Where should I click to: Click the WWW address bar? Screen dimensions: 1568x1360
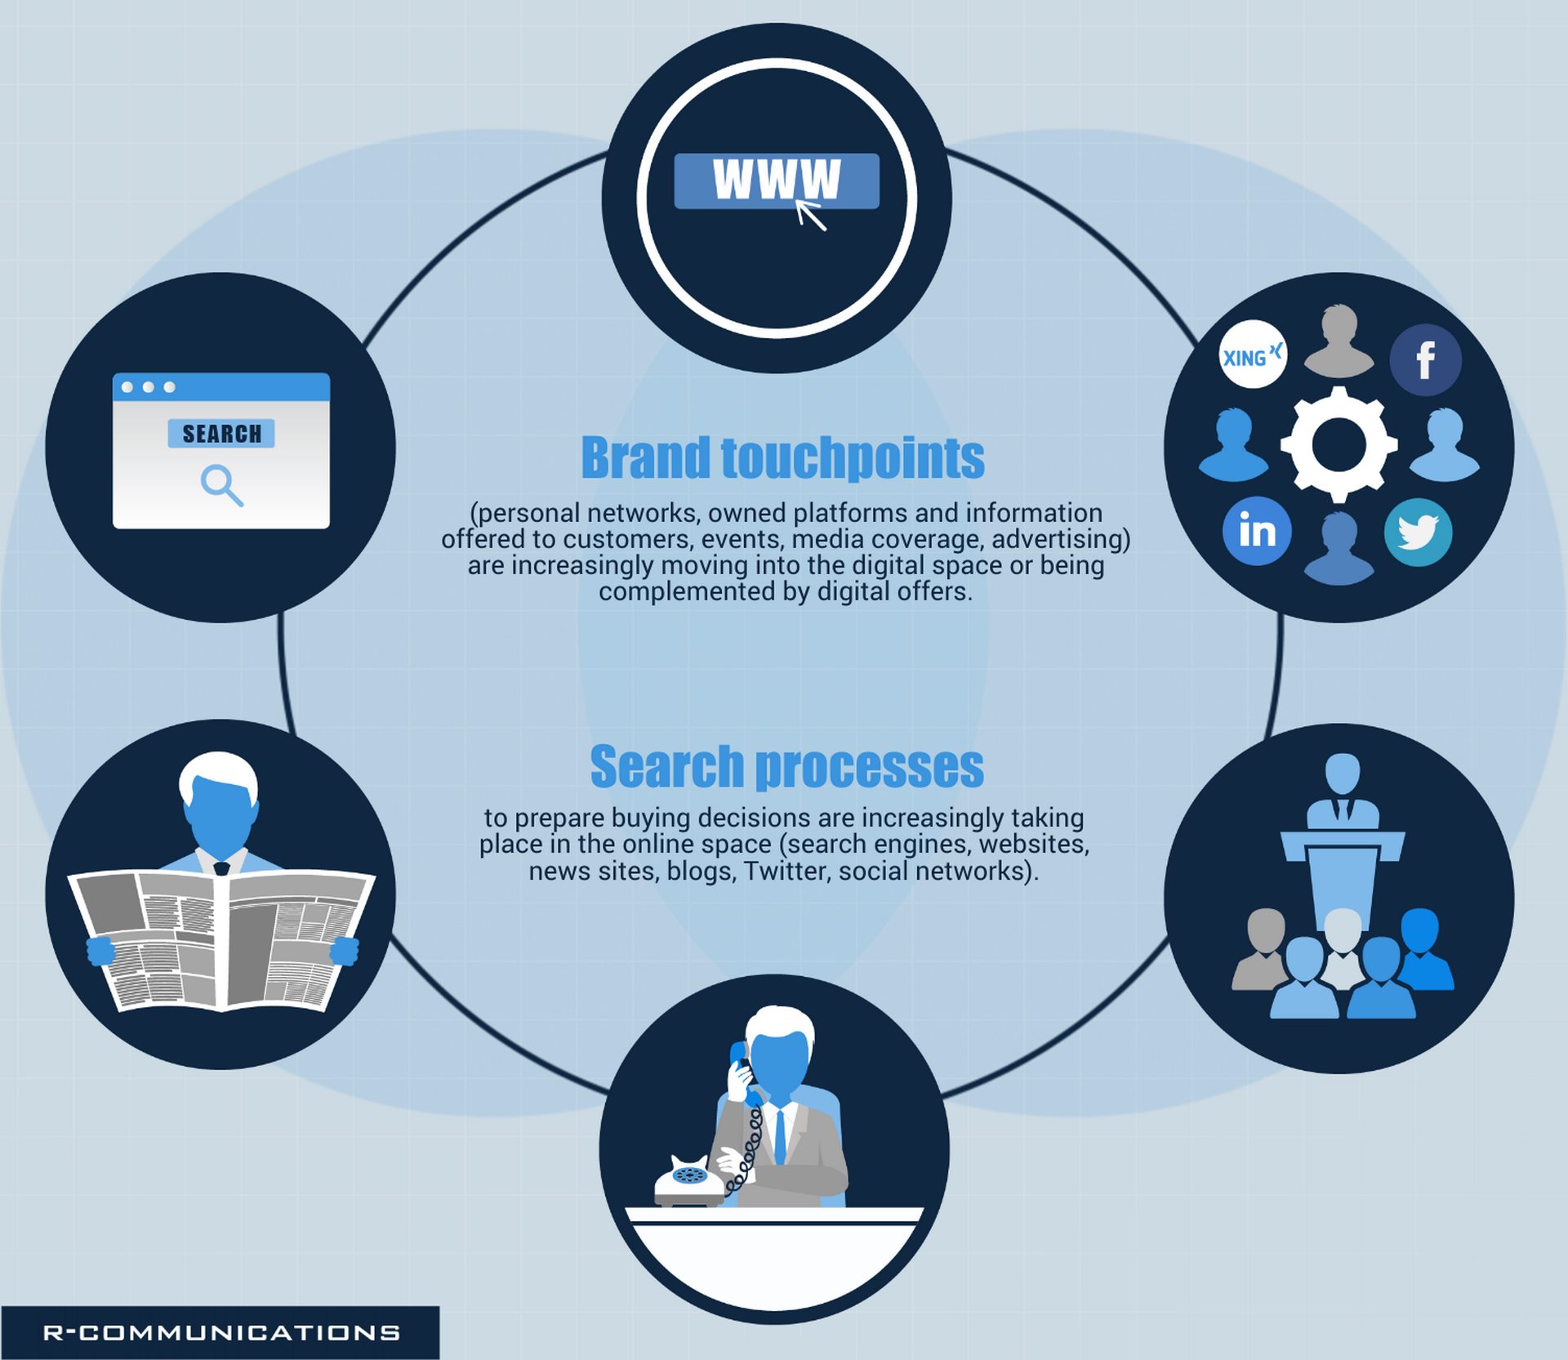pyautogui.click(x=777, y=181)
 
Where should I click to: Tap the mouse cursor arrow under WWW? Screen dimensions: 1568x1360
pyautogui.click(x=810, y=215)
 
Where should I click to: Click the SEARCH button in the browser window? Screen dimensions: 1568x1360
pyautogui.click(x=221, y=433)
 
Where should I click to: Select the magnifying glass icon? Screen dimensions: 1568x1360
pyautogui.click(x=222, y=485)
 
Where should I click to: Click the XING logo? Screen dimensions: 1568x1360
pyautogui.click(x=1252, y=354)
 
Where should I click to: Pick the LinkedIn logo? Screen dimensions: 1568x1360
pyautogui.click(x=1257, y=531)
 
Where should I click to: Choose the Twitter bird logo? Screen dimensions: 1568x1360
pyautogui.click(x=1418, y=533)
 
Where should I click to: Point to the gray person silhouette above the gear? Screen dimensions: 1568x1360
pyautogui.click(x=1339, y=341)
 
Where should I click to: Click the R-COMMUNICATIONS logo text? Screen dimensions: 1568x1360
pyautogui.click(x=221, y=1332)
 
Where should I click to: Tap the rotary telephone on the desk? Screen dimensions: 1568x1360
pyautogui.click(x=688, y=1181)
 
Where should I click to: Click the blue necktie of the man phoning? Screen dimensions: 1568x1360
pyautogui.click(x=780, y=1135)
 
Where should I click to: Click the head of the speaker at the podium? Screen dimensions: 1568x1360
pyautogui.click(x=1342, y=773)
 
